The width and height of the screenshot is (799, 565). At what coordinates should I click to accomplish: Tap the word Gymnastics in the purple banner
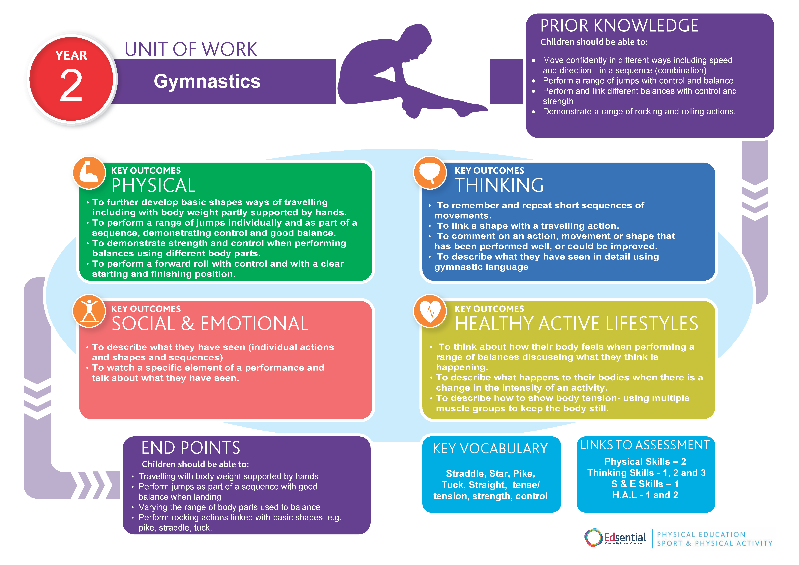207,81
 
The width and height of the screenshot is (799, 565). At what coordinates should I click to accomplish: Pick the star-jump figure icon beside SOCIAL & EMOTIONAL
89,311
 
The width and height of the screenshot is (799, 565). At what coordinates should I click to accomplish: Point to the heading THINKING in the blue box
499,185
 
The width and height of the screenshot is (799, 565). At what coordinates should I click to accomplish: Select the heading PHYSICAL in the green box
153,185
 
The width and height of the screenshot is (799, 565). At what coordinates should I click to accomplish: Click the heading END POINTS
191,448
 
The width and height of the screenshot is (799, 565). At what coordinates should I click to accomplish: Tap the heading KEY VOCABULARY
490,449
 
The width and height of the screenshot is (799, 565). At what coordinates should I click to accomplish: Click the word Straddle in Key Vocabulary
466,473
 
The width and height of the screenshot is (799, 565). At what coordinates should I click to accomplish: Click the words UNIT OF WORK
191,49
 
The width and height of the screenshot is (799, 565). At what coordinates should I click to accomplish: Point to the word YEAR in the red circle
71,55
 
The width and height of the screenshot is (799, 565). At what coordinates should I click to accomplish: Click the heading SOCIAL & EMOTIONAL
210,324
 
